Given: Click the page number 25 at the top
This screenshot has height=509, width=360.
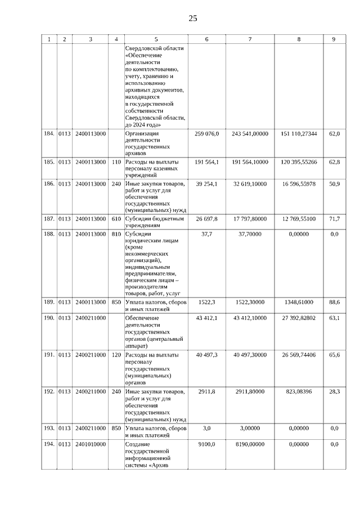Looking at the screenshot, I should (192, 18).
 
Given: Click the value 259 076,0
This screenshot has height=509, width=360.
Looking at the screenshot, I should (206, 133).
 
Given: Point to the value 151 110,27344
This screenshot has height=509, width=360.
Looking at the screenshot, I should (299, 133).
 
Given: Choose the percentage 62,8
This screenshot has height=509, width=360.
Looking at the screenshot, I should (334, 161).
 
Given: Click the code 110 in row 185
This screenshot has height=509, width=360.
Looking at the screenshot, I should (116, 161).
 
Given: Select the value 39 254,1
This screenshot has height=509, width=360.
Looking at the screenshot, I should (206, 183).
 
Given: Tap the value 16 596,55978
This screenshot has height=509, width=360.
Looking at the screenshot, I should (299, 183).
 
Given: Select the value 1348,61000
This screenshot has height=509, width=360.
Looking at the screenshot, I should (299, 303).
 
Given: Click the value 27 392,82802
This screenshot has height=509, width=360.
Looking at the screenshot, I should (299, 318).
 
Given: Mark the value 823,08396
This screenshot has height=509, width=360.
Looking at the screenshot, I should (299, 390).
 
